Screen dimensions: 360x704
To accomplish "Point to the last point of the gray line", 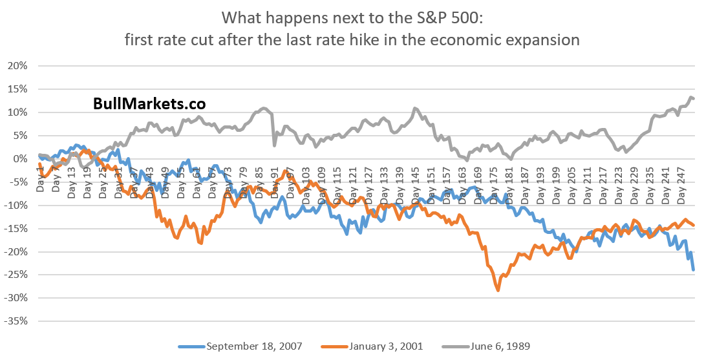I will [693, 99].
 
